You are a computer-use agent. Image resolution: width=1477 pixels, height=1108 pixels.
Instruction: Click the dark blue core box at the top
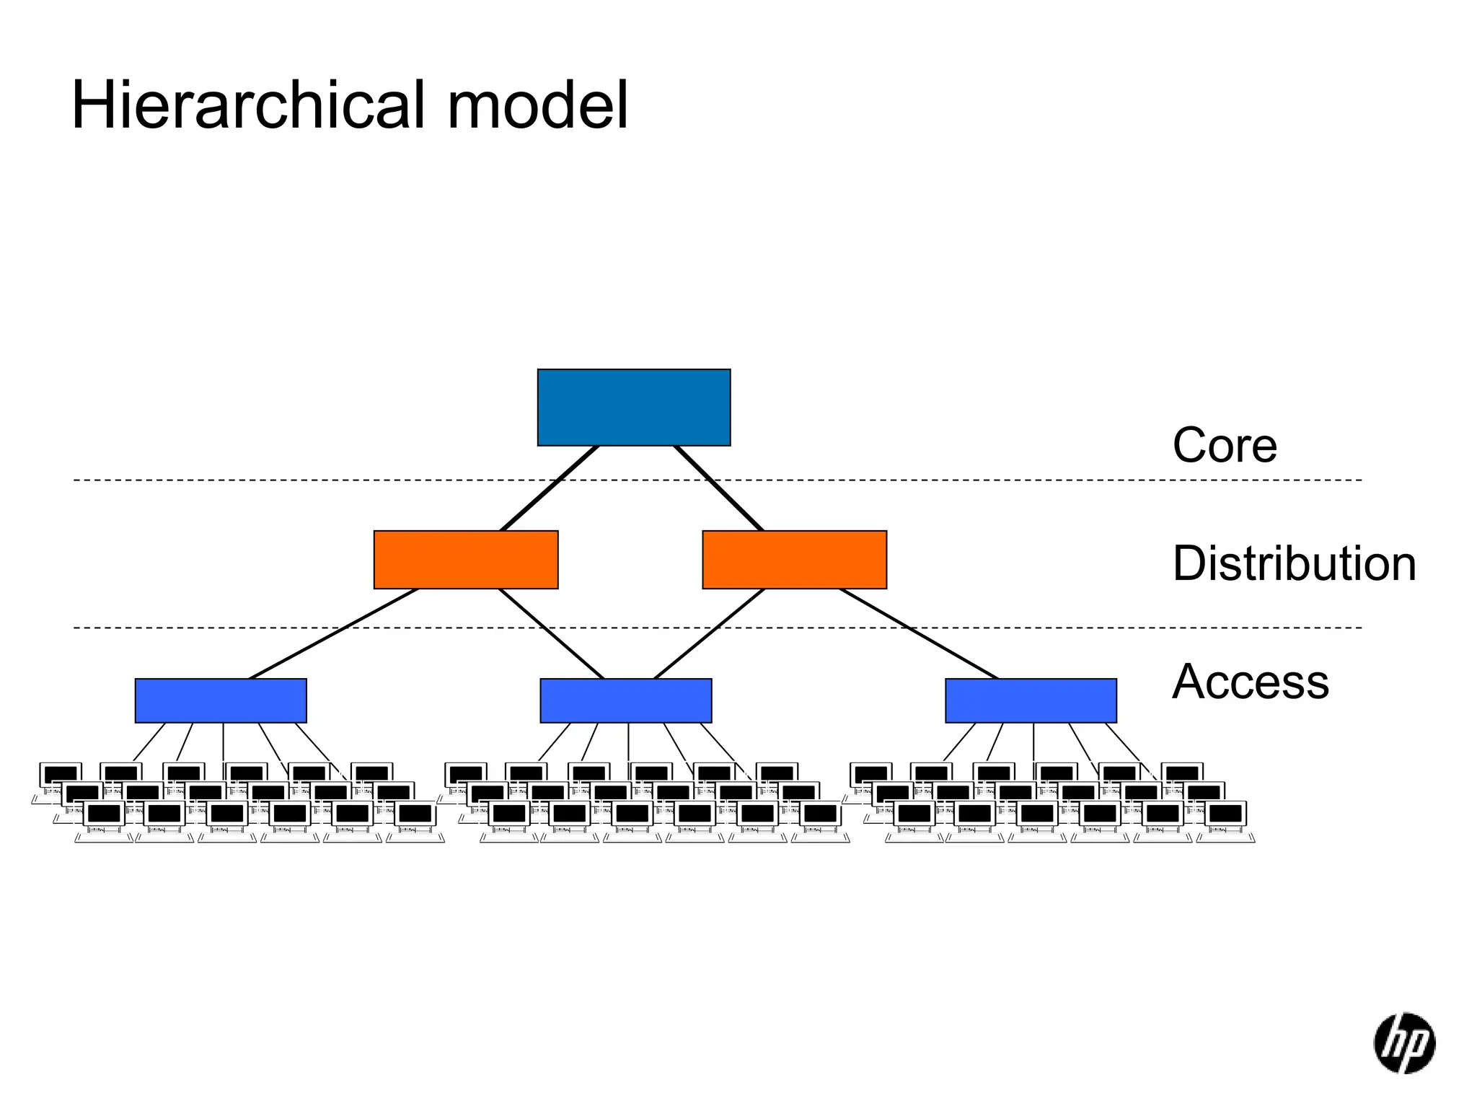tap(633, 408)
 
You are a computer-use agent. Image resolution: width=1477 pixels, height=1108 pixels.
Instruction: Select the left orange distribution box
tap(466, 560)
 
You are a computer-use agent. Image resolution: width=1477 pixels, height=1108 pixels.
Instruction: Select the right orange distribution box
tap(794, 560)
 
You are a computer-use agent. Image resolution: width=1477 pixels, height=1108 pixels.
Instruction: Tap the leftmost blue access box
tap(221, 700)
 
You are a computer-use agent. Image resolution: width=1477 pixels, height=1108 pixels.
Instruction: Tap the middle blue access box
tap(626, 700)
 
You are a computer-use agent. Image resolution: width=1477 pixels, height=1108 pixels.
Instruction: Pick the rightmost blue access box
tap(1031, 700)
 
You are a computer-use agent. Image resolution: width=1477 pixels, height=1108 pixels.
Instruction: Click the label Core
tap(1224, 445)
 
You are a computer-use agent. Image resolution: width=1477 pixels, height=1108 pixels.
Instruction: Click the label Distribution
tap(1294, 563)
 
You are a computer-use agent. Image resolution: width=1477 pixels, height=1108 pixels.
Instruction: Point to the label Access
tap(1250, 682)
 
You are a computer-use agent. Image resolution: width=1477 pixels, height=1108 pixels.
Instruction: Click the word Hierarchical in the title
tap(250, 106)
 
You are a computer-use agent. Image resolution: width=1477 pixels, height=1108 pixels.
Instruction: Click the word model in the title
tap(537, 106)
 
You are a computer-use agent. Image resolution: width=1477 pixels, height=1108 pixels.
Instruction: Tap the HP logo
tap(1403, 1043)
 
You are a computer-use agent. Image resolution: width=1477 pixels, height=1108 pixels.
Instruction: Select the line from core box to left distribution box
tap(550, 488)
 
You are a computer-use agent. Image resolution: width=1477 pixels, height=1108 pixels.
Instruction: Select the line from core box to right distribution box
tap(718, 488)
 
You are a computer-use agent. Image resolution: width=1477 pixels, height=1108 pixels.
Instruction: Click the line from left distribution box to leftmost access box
tap(333, 633)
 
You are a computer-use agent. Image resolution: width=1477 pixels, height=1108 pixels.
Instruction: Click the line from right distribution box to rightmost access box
tap(920, 633)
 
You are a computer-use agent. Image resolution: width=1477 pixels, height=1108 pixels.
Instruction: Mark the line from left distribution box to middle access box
tap(552, 634)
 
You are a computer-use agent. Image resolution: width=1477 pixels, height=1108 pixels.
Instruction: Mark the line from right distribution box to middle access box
tap(709, 634)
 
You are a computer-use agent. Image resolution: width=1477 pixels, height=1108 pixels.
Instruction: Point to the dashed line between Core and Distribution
tap(288, 480)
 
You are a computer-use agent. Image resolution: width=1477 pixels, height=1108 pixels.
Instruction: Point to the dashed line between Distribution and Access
tap(180, 628)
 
